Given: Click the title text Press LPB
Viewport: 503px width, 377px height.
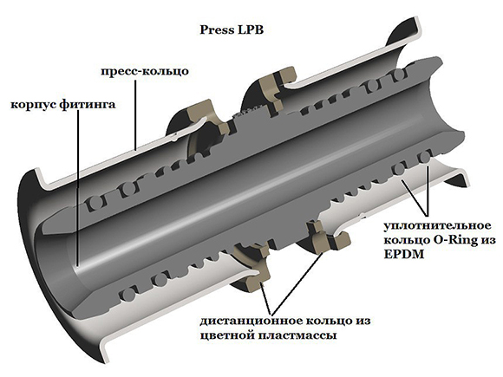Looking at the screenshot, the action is pos(232,29).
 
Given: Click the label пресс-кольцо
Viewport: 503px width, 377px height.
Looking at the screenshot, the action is pos(145,71).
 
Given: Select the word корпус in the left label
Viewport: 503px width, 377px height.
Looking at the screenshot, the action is pos(34,105).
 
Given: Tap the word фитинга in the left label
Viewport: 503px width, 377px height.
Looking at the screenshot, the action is pos(88,104).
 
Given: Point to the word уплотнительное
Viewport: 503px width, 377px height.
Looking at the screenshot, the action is pos(437,225).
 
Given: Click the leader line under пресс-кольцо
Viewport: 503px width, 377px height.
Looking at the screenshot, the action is pos(135,114).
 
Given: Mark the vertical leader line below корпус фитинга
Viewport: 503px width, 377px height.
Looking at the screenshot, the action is pos(78,189).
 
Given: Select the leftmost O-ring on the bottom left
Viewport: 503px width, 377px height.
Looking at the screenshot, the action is pos(128,295).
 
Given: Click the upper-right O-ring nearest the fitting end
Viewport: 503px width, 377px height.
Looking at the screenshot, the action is pos(399,75).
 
